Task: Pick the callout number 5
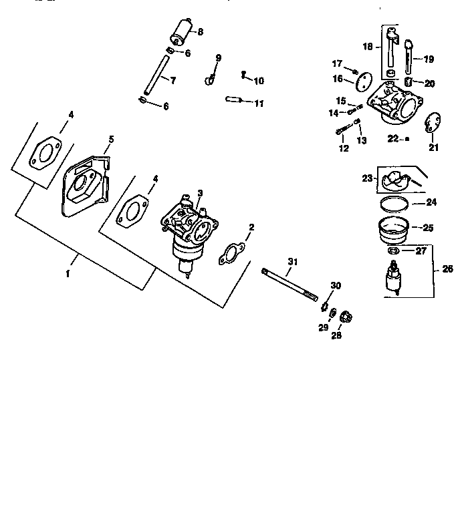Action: [x=111, y=139]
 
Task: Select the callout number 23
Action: [x=367, y=178]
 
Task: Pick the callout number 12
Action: [x=344, y=148]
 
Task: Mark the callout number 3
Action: [x=200, y=192]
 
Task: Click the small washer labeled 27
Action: [x=394, y=251]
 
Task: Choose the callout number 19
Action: [x=429, y=58]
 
